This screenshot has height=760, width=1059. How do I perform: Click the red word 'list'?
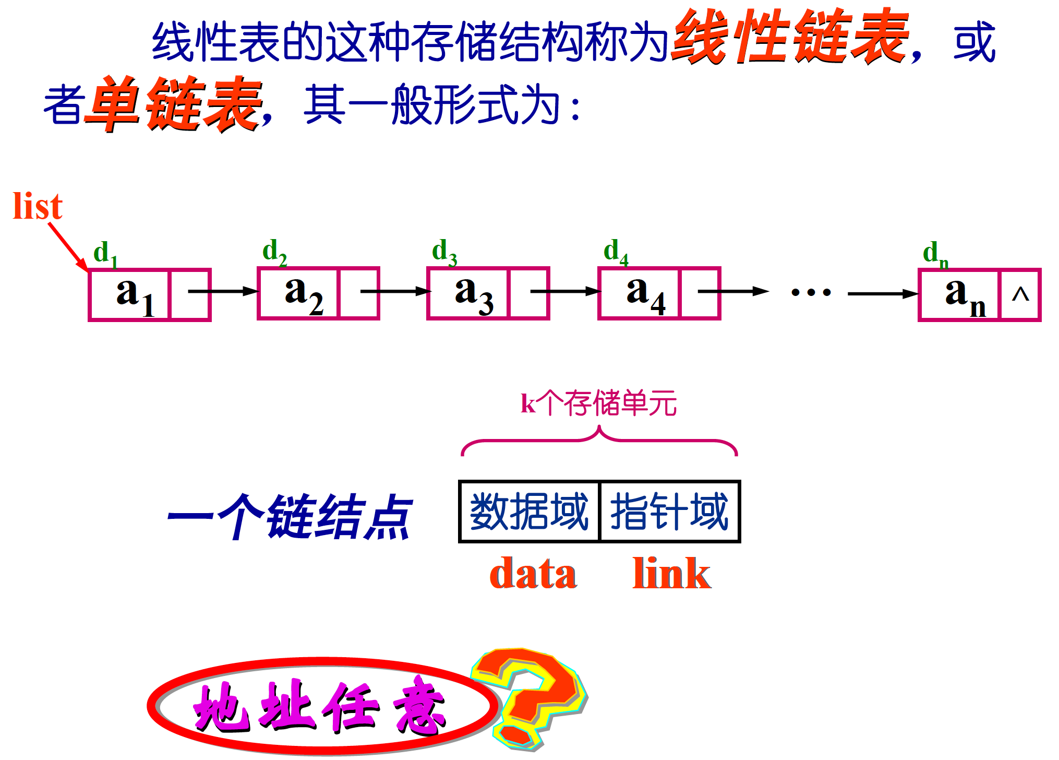(x=38, y=206)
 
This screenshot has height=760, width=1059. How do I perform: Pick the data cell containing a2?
(x=299, y=293)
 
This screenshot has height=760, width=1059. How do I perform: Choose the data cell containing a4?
(x=640, y=293)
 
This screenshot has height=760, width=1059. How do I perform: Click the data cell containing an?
(x=959, y=294)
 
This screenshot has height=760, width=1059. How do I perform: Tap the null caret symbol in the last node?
(x=1020, y=295)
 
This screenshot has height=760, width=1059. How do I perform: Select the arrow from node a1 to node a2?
(x=223, y=291)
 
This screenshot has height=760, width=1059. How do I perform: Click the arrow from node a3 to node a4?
(x=565, y=291)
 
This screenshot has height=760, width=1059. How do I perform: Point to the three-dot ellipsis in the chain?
(x=811, y=292)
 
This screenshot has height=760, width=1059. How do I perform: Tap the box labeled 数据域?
(x=529, y=512)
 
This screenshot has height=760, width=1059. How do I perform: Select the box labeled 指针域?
(x=670, y=512)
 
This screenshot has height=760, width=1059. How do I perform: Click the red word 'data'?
(x=533, y=574)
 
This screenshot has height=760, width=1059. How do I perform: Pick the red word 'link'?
(x=671, y=574)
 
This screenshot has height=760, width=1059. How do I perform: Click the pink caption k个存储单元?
(x=599, y=403)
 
